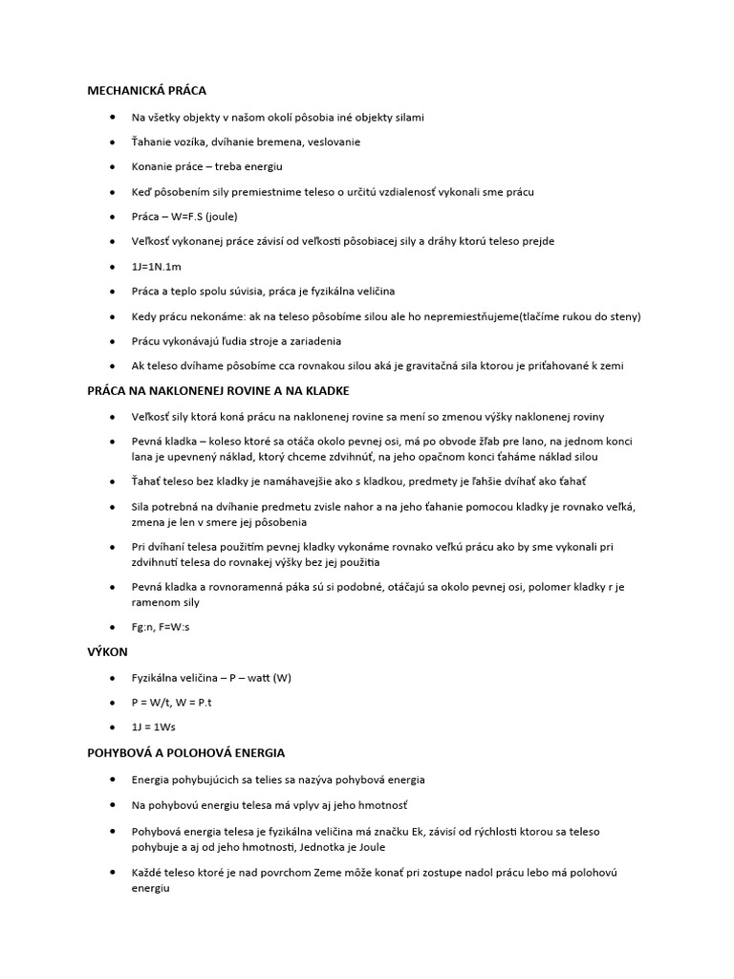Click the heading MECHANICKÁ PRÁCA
[x=146, y=91]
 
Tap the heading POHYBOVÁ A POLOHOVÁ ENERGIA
[x=186, y=753]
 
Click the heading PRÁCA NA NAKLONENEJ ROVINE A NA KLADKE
[x=218, y=391]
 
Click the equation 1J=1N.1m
[x=156, y=266]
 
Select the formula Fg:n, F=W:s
[x=167, y=627]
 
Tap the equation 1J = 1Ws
[x=154, y=728]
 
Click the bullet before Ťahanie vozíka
[x=114, y=141]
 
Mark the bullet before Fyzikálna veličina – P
[x=114, y=678]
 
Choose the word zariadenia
[x=309, y=340]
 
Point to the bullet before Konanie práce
[x=114, y=166]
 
